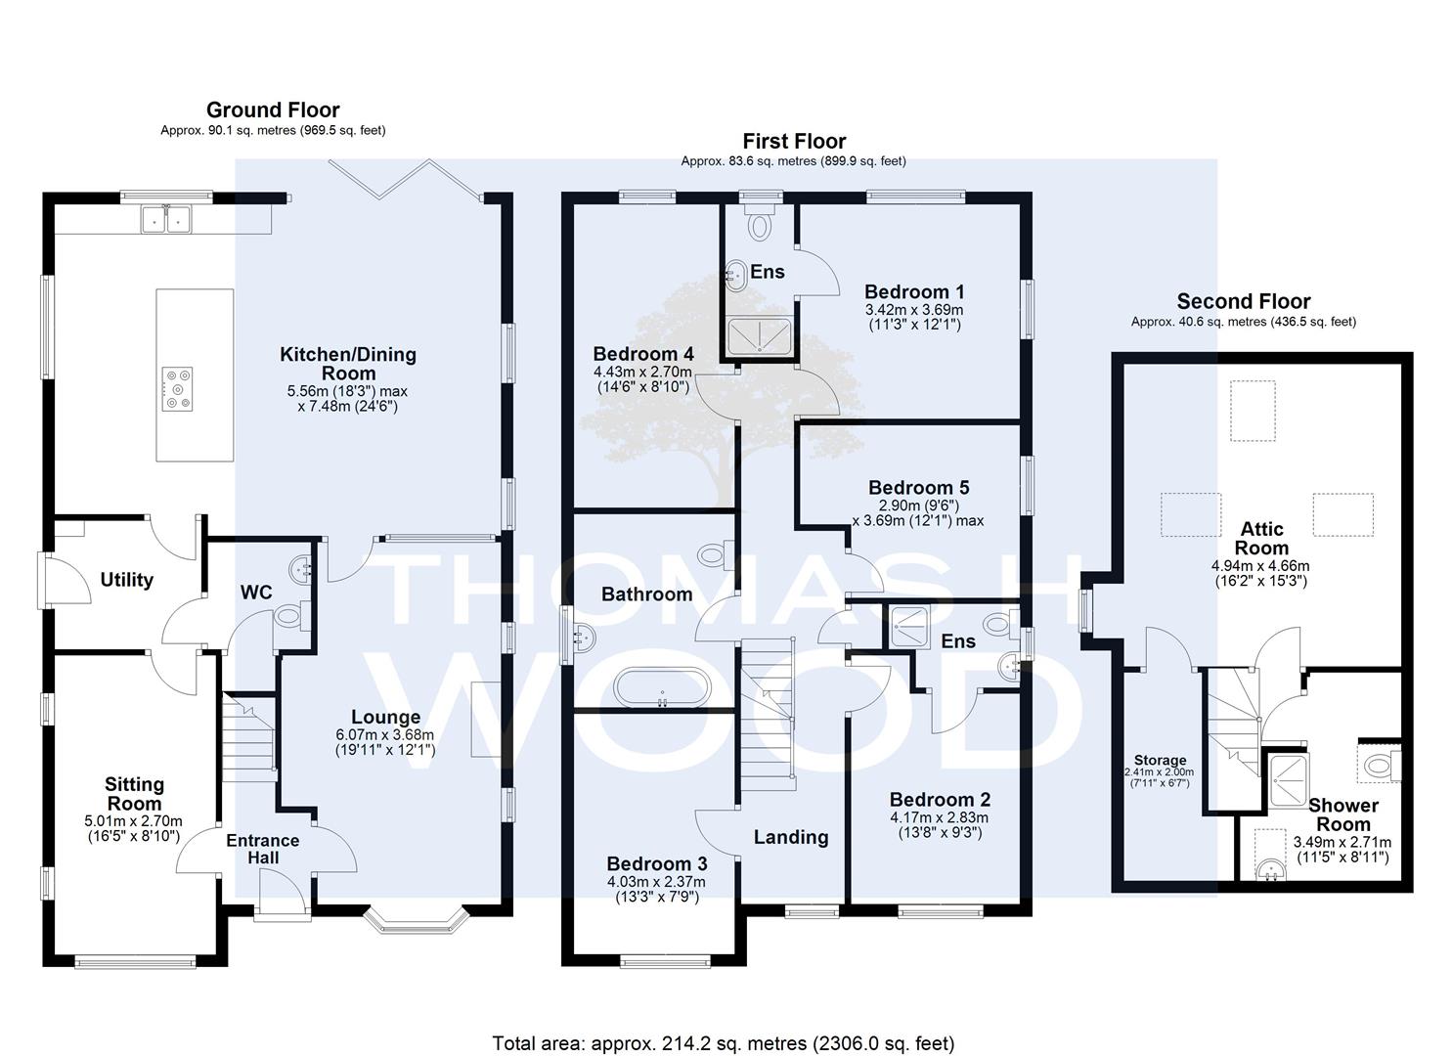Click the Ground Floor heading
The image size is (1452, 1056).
pos(273,110)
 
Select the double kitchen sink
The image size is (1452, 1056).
pos(165,218)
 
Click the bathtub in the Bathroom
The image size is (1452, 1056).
pos(662,687)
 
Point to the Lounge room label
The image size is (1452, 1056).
pos(385,717)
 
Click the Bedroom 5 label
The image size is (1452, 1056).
pos(918,488)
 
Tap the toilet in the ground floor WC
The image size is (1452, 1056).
pos(291,615)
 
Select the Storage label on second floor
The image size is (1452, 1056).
pos(1161,761)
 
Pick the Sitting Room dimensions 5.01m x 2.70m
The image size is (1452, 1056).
pos(134,821)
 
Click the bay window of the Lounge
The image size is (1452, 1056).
pos(417,919)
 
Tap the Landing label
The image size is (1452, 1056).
pos(791,838)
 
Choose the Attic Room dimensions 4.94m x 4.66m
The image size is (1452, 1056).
pos(1260,566)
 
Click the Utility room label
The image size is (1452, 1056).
pos(126,580)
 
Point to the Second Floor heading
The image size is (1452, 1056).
pos(1244,301)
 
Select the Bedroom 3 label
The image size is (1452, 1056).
pos(657,864)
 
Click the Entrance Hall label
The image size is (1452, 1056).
pos(262,850)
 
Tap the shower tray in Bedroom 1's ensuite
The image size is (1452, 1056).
pos(760,335)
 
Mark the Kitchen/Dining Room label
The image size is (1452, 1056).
pos(348,364)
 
